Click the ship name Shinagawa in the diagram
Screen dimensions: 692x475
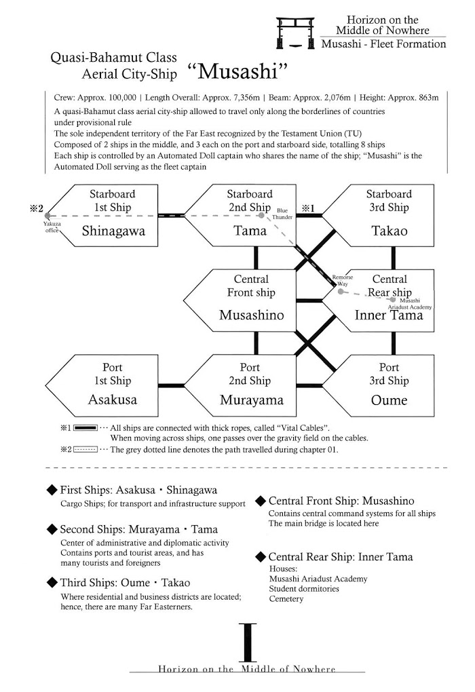pyautogui.click(x=113, y=231)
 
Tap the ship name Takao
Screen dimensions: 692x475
pyautogui.click(x=389, y=231)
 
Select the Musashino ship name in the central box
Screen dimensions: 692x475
pyautogui.click(x=251, y=315)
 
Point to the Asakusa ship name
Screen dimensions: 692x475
pyautogui.click(x=112, y=400)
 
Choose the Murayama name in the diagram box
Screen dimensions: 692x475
pyautogui.click(x=251, y=400)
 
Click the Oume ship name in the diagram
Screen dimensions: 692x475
pyautogui.click(x=389, y=400)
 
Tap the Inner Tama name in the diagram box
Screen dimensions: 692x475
pyautogui.click(x=389, y=315)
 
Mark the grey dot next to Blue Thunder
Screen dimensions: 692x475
pyautogui.click(x=261, y=216)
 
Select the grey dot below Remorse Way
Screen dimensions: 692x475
pyautogui.click(x=341, y=292)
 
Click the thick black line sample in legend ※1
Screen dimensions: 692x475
pyautogui.click(x=85, y=428)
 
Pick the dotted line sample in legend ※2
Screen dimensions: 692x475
pyautogui.click(x=85, y=449)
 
